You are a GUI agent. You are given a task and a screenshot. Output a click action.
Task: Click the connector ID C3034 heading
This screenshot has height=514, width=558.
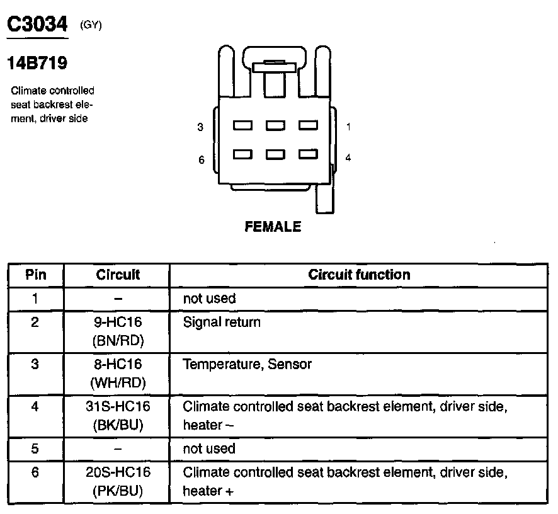[37, 25]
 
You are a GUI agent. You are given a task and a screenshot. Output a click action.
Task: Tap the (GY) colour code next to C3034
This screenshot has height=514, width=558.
[91, 25]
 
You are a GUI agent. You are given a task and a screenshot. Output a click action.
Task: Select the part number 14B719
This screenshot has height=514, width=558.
[37, 64]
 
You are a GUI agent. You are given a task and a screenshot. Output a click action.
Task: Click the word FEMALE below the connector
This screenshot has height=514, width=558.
[273, 227]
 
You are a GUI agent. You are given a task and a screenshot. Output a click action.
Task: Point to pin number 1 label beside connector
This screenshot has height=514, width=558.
[348, 127]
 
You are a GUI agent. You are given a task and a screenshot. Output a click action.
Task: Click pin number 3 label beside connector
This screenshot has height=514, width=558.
[200, 127]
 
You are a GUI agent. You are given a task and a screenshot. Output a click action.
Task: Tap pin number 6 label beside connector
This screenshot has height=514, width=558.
[201, 160]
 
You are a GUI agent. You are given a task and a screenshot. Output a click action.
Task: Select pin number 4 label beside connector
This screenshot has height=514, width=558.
[348, 157]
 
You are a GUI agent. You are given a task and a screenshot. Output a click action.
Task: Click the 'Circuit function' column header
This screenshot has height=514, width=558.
[359, 275]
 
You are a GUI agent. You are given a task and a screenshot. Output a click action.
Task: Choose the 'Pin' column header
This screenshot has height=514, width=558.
[35, 275]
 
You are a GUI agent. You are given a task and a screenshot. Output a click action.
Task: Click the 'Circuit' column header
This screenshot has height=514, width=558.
[118, 275]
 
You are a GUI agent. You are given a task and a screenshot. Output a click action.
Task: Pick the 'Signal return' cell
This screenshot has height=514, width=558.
[221, 323]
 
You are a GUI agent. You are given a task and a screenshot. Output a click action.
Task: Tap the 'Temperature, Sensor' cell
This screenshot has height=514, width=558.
[247, 364]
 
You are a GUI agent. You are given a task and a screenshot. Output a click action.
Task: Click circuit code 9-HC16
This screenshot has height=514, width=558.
[118, 323]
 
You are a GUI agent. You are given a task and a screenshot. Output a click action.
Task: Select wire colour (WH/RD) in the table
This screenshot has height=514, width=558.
[118, 382]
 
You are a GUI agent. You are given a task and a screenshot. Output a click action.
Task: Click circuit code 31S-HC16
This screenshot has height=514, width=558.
[118, 406]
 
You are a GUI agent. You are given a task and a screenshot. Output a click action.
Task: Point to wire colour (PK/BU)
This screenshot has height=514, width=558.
[118, 491]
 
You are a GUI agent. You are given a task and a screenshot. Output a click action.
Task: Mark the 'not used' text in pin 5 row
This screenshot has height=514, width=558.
[208, 448]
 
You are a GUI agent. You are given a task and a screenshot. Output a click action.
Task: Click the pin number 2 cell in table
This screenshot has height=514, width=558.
[35, 323]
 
